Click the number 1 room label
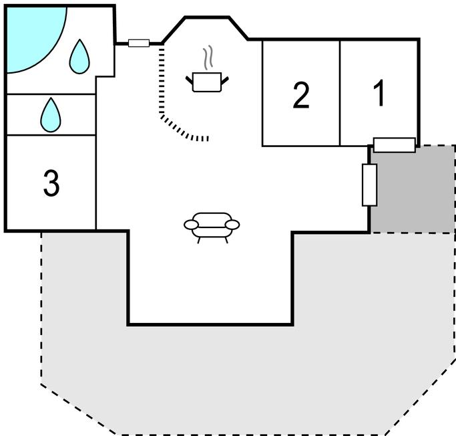[379, 94]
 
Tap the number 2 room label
[301, 96]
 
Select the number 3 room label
[51, 183]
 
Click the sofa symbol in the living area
[212, 226]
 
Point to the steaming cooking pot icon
[206, 82]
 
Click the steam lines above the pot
[208, 58]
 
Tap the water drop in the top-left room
[79, 57]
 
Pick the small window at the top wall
[138, 43]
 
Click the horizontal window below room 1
[394, 144]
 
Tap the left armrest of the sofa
[191, 225]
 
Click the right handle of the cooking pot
[224, 80]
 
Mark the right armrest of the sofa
[232, 225]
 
